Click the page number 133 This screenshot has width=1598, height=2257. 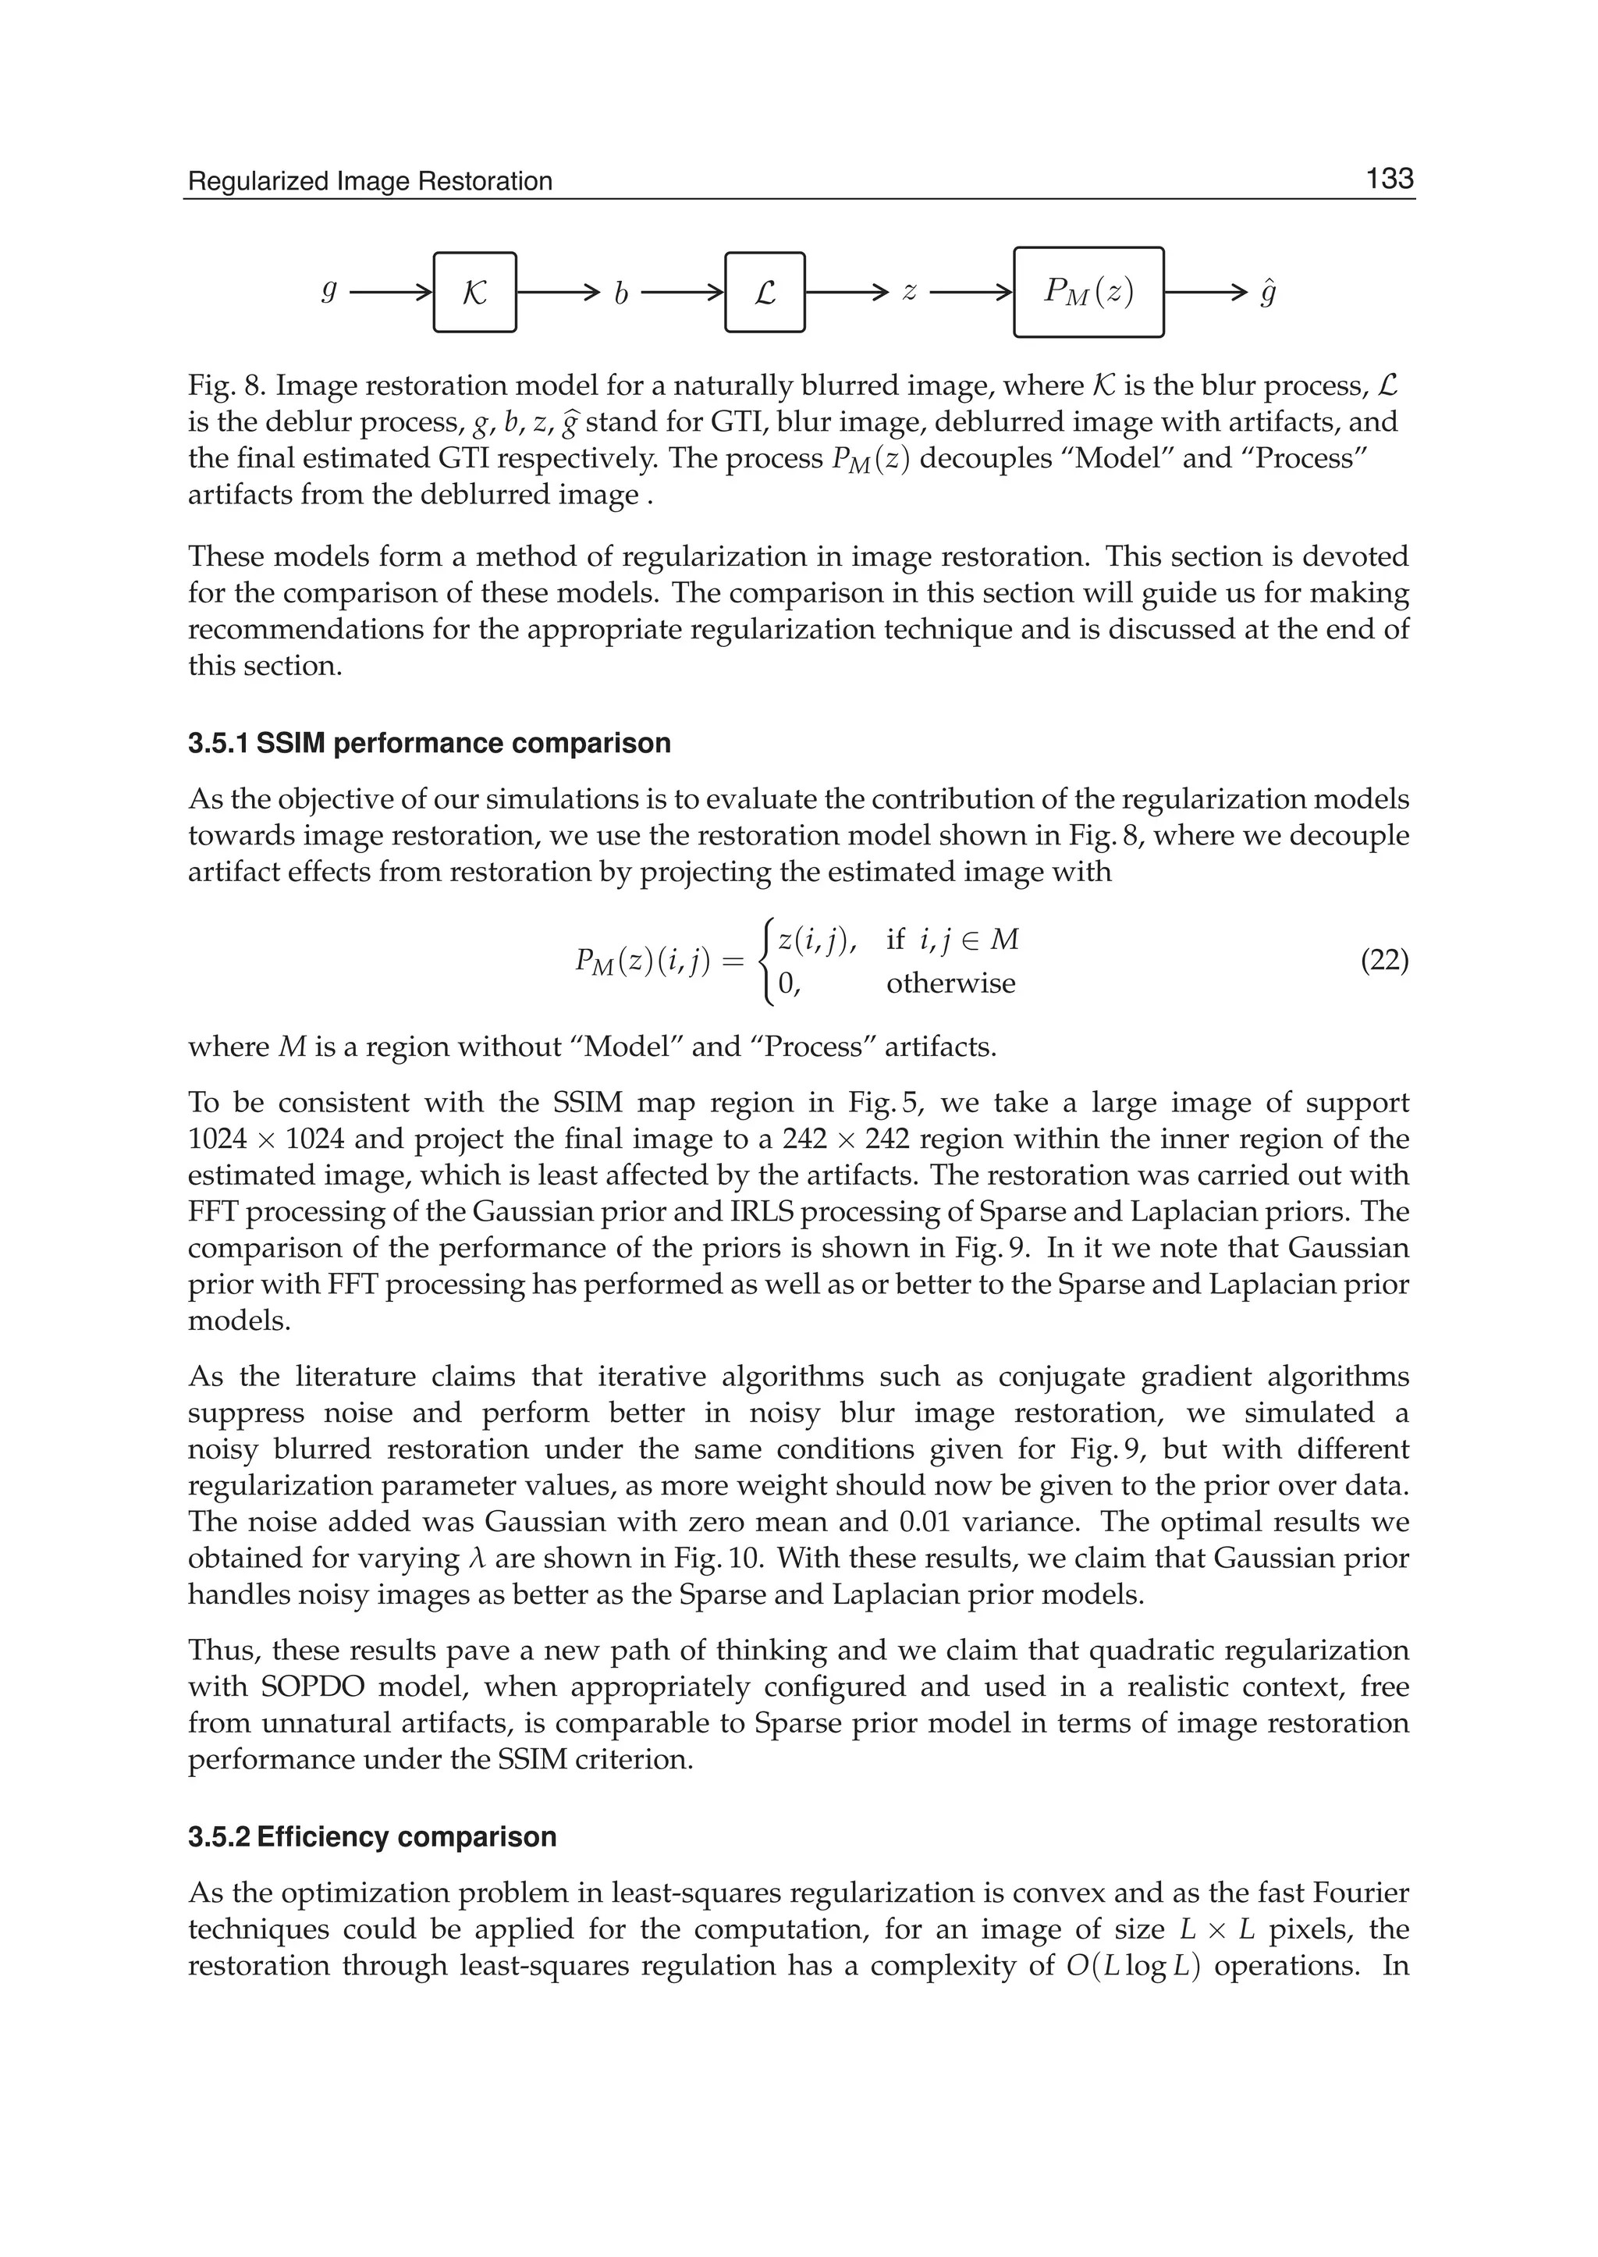[1388, 179]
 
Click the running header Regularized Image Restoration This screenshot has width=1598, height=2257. [370, 182]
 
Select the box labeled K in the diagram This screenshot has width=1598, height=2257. [474, 293]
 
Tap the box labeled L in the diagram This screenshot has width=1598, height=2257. [765, 293]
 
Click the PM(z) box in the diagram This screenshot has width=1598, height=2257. [1088, 293]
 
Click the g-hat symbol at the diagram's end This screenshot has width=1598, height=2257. [1269, 293]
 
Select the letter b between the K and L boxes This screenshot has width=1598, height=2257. [621, 294]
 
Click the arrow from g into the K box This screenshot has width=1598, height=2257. [391, 293]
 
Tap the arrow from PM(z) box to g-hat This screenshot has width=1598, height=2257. [1206, 293]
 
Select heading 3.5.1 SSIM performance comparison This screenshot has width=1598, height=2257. [429, 743]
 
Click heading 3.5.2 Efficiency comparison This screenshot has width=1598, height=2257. [372, 1836]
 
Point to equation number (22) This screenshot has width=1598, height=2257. [1384, 961]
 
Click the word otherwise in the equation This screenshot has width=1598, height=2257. [950, 983]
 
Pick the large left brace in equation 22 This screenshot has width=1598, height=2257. [765, 961]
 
